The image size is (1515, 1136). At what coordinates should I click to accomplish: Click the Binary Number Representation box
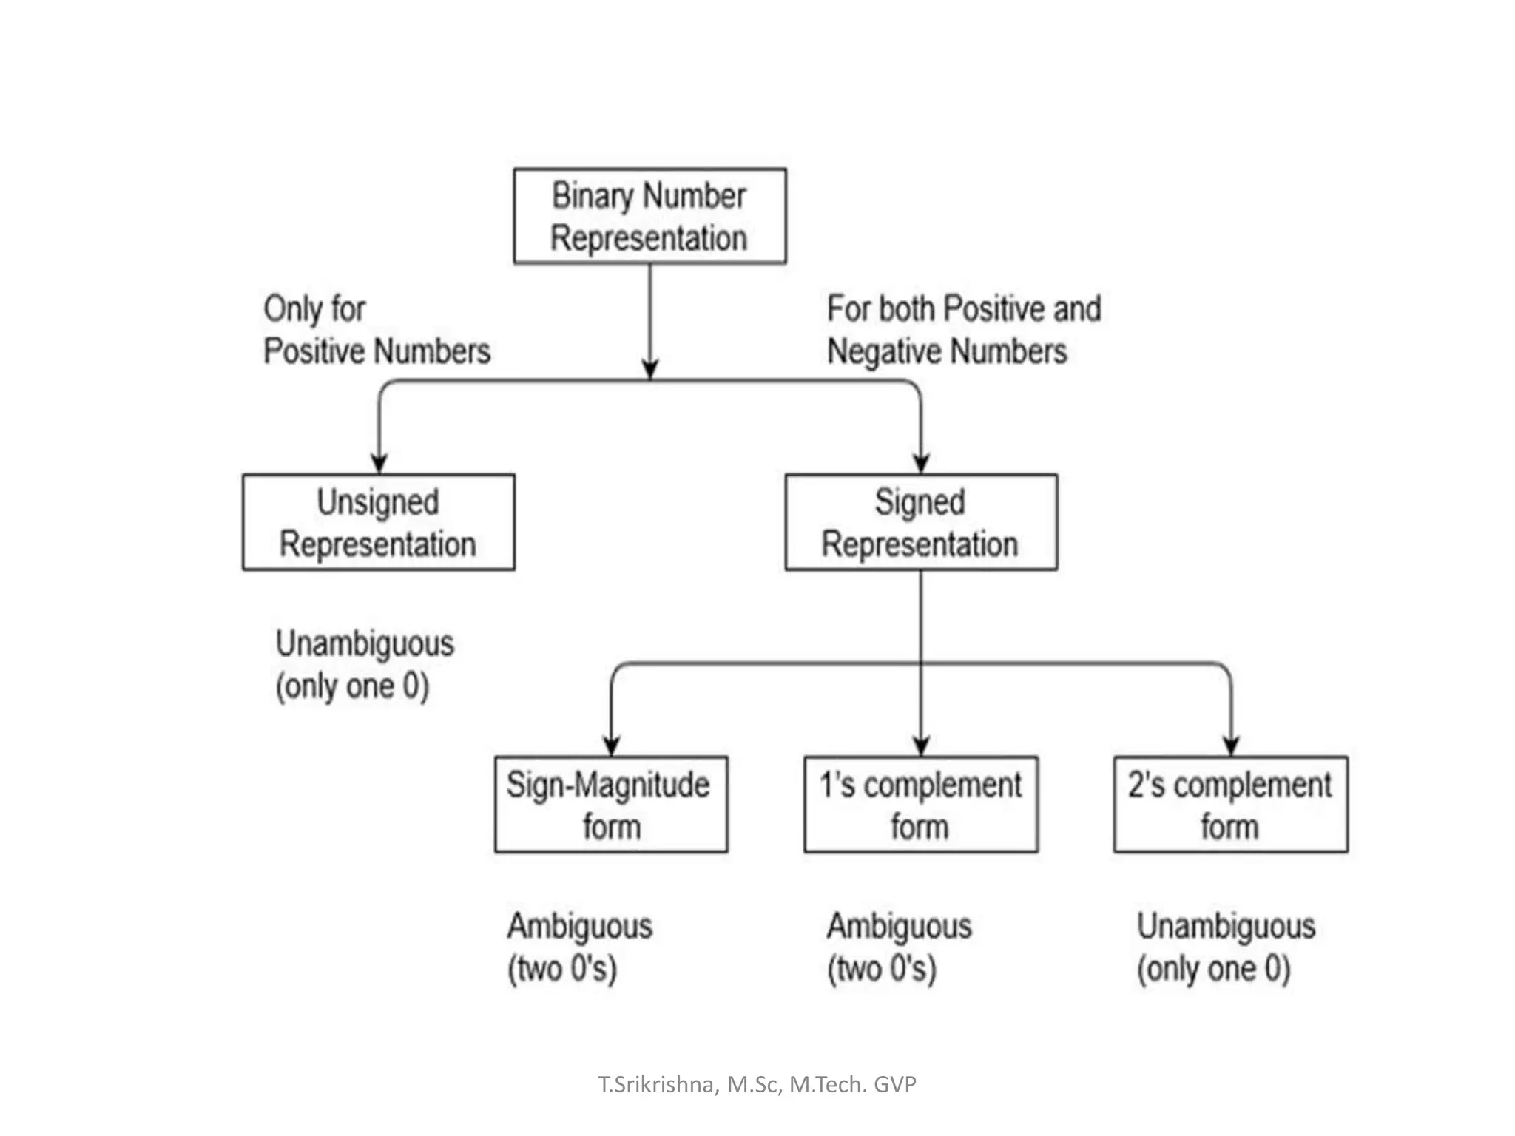[x=649, y=216]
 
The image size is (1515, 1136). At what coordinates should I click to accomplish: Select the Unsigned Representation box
[x=378, y=522]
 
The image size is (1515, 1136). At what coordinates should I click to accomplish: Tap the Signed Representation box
[x=921, y=522]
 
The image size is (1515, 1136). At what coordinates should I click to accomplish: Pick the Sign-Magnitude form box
[x=611, y=805]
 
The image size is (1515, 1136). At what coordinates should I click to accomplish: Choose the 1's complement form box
[x=921, y=805]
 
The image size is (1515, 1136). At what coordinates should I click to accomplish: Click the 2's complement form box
[x=1230, y=805]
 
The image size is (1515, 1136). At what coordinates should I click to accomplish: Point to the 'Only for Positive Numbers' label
[x=376, y=330]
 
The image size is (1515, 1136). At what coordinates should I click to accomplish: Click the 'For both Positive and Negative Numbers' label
[x=963, y=330]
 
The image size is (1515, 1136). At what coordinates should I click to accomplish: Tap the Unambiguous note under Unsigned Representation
[x=364, y=664]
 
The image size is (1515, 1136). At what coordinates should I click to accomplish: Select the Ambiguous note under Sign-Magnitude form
[x=579, y=947]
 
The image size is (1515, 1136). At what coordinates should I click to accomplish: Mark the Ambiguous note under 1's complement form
[x=899, y=947]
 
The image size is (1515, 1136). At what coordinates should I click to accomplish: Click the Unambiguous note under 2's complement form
[x=1226, y=947]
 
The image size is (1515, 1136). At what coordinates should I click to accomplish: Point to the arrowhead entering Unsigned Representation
[x=379, y=464]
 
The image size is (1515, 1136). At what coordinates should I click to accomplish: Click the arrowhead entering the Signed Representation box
[x=921, y=464]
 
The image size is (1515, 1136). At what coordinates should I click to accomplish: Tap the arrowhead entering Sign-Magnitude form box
[x=611, y=745]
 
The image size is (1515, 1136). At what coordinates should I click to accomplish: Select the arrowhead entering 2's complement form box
[x=1231, y=745]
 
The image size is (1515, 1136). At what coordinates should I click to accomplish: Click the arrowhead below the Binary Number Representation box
[x=649, y=370]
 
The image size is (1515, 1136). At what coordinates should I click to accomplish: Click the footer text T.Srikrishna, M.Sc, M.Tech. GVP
[x=757, y=1084]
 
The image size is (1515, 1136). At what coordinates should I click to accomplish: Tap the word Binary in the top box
[x=593, y=196]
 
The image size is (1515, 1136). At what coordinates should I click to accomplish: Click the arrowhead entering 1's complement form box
[x=921, y=745]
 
